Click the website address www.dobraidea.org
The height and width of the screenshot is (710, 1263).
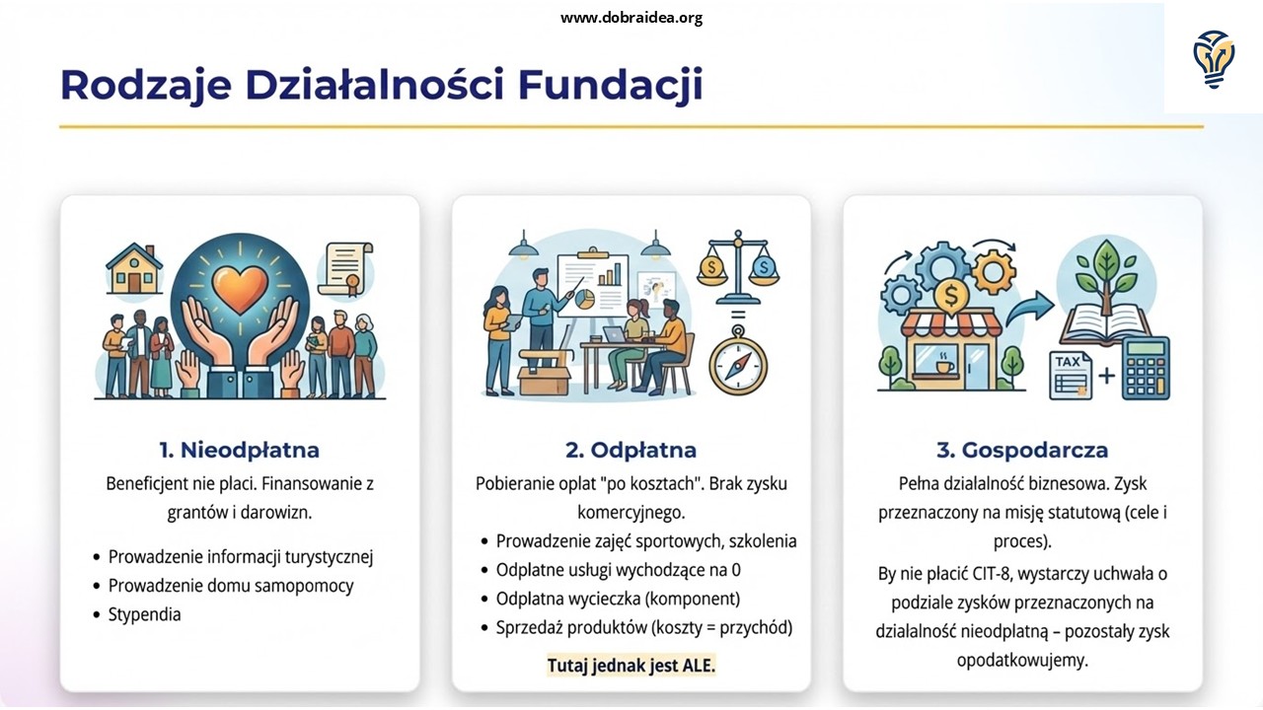click(631, 18)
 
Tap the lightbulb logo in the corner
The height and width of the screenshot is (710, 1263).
click(1214, 59)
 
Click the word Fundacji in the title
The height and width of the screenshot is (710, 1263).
click(610, 85)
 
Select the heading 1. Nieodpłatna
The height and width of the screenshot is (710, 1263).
click(239, 450)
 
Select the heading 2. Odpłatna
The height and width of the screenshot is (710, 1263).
click(631, 450)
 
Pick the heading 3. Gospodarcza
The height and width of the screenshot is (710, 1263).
click(1022, 450)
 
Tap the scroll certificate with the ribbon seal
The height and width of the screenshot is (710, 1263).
click(345, 269)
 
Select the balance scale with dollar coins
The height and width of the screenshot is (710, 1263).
click(738, 266)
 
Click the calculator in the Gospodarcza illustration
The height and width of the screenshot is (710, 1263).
click(1146, 369)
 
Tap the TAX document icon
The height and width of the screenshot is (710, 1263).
click(1071, 375)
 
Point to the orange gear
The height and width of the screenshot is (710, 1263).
click(994, 272)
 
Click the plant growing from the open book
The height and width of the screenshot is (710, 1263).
click(1106, 277)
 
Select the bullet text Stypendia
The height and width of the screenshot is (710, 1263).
click(144, 614)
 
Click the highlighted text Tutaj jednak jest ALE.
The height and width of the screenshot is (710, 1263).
click(631, 666)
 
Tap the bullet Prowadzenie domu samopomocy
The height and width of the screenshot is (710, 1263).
click(231, 586)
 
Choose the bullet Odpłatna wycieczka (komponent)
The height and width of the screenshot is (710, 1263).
click(618, 599)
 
